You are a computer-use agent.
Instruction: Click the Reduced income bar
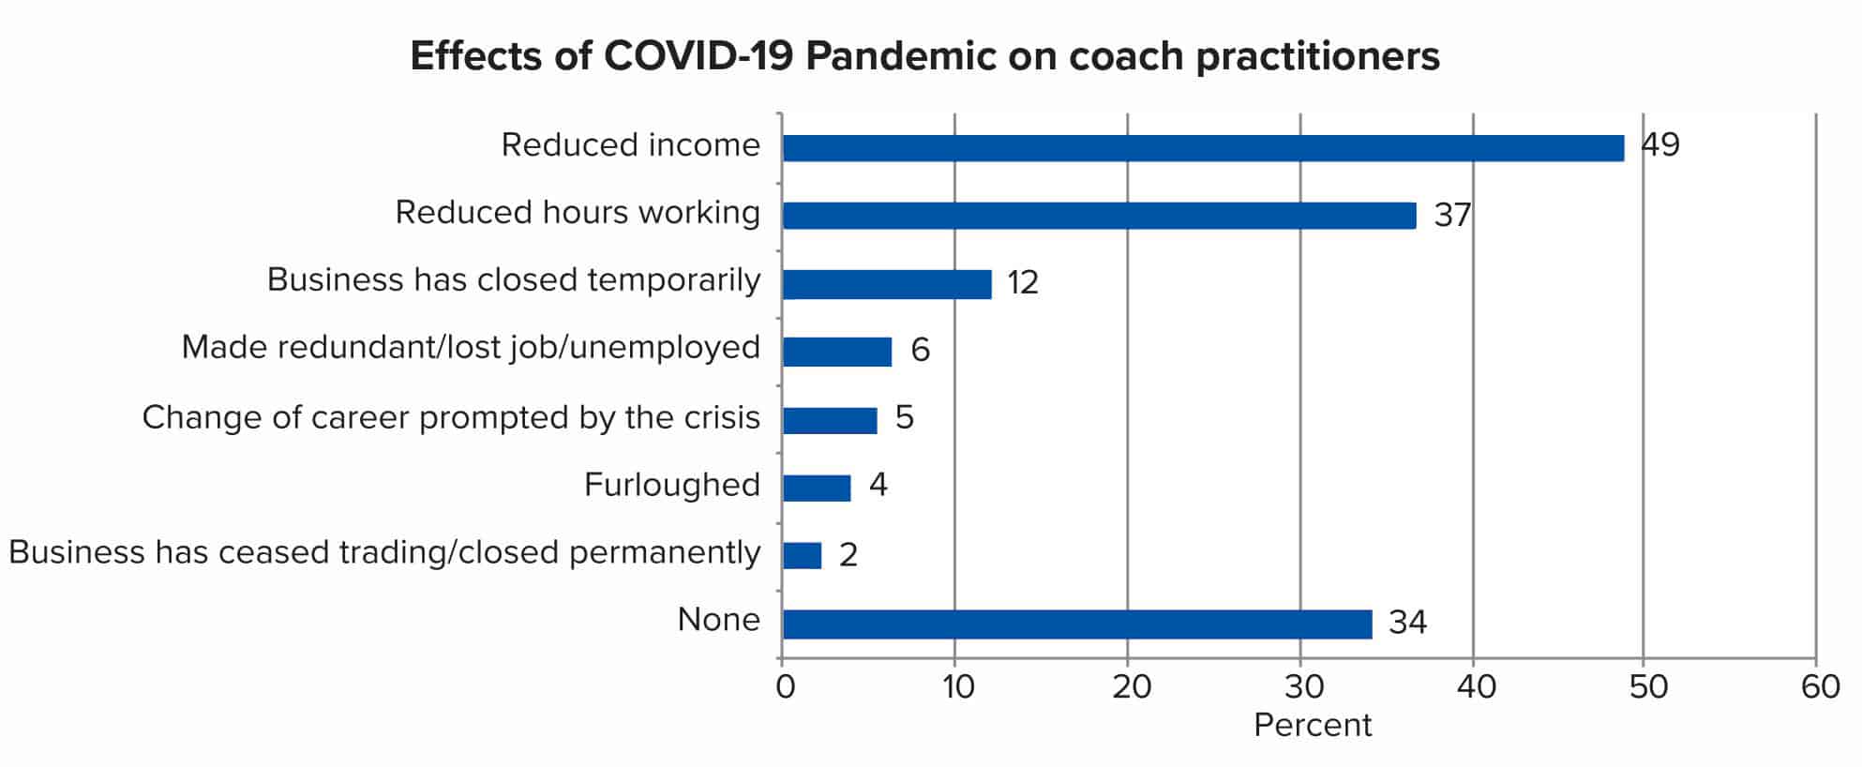[1203, 148]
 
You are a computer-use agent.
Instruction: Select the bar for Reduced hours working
[1099, 216]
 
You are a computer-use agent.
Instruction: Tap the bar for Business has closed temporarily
[887, 284]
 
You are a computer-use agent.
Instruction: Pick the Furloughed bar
[817, 488]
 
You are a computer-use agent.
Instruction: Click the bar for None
[1077, 624]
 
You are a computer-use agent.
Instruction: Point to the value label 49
[1660, 145]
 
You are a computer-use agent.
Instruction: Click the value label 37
[1451, 216]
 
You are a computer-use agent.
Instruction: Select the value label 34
[1407, 623]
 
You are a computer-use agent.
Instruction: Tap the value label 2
[848, 555]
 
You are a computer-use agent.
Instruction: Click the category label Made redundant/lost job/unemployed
[471, 348]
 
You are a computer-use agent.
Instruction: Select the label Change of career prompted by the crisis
[451, 417]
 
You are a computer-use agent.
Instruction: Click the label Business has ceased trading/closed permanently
[384, 552]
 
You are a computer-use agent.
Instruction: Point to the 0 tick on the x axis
[786, 687]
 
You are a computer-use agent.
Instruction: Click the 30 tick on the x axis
[1303, 687]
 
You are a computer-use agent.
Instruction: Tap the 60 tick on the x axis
[1820, 687]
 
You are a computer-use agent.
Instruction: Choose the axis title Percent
[1312, 726]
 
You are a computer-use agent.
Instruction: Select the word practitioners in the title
[1317, 57]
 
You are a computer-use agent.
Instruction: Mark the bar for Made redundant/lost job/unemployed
[837, 352]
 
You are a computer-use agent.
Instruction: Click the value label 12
[1023, 283]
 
